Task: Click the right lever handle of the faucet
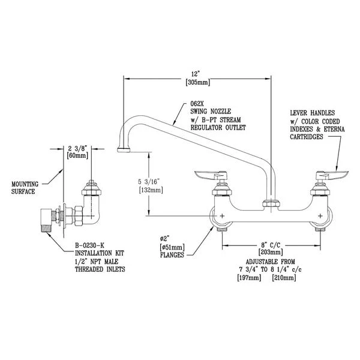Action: pyautogui.click(x=331, y=175)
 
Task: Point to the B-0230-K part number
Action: pyautogui.click(x=89, y=245)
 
